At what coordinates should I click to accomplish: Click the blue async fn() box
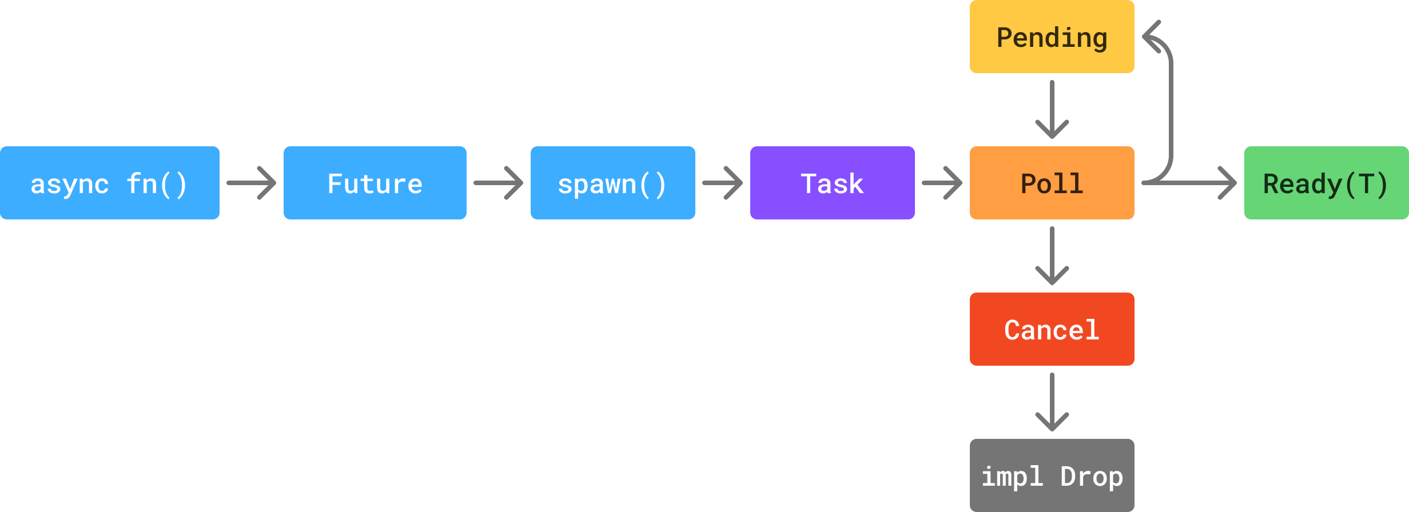tap(109, 183)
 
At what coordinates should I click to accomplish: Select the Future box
tap(375, 183)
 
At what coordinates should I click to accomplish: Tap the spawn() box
tap(612, 183)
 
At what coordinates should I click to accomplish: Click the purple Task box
tap(832, 183)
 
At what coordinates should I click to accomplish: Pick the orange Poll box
tap(1052, 183)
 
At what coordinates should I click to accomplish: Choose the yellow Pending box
tap(1052, 37)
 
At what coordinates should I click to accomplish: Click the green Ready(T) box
tap(1326, 183)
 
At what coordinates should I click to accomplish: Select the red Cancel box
tap(1052, 329)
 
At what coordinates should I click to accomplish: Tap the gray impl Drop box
tap(1052, 475)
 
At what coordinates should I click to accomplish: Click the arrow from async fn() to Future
tap(252, 183)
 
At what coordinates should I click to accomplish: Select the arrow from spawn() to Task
tap(723, 183)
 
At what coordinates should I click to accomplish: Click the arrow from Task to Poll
tap(942, 183)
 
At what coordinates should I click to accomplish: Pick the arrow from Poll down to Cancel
tap(1052, 256)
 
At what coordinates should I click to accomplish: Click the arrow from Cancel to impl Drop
tap(1052, 402)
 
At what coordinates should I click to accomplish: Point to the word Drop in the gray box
tap(1091, 477)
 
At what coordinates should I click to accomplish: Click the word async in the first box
tap(69, 184)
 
